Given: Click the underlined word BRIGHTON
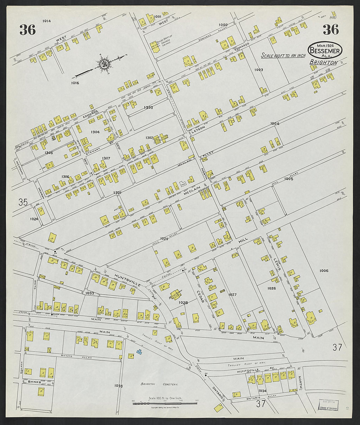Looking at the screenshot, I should point(323,63).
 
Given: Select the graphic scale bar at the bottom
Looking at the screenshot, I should point(165,403).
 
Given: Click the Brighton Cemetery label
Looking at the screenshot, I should point(159,384).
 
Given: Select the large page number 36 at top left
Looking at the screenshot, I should point(27,30).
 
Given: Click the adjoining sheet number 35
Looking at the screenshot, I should point(23,203).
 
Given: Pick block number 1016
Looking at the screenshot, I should point(75,83).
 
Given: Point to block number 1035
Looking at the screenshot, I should point(118,386).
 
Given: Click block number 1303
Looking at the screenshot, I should point(148,107).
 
